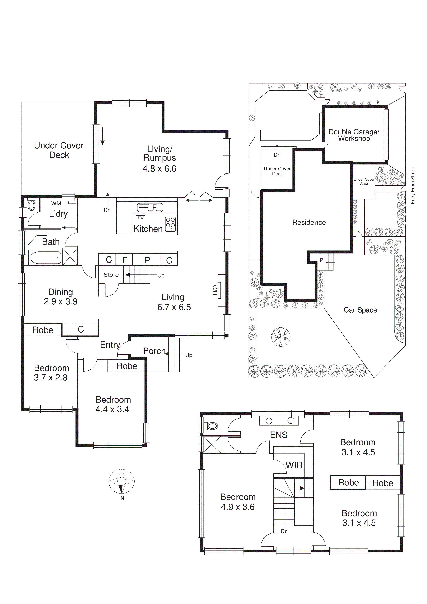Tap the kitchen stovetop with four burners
[170, 224]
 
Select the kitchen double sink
[150, 208]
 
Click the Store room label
[111, 275]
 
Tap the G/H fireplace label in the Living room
[215, 290]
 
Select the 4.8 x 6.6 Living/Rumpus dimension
[159, 169]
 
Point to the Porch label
[154, 351]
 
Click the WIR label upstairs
[294, 465]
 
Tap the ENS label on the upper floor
[279, 435]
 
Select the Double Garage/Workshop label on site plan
[354, 135]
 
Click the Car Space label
[360, 310]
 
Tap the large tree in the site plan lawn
[281, 337]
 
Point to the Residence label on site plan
[309, 223]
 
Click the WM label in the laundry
[56, 204]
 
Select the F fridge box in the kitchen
[125, 260]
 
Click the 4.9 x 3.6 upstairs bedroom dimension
[238, 507]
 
